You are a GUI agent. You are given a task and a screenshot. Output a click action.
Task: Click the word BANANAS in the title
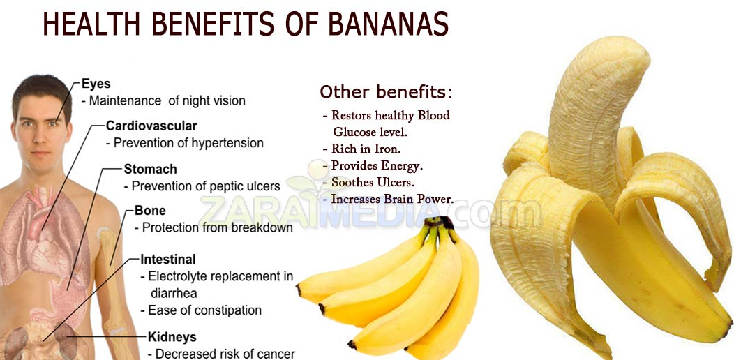tap(388, 24)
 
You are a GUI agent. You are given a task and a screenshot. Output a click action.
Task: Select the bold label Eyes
tap(96, 84)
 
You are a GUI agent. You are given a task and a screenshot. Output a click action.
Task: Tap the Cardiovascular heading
tap(151, 126)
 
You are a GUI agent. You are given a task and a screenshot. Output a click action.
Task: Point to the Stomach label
tap(150, 169)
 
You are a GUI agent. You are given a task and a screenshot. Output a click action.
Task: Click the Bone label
tap(150, 210)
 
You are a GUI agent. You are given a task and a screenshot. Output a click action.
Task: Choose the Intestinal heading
tap(168, 259)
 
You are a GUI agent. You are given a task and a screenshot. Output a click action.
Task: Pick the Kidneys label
tap(172, 337)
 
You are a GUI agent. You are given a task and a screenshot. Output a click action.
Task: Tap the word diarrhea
tap(174, 293)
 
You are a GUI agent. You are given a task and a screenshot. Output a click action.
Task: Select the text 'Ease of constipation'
tap(204, 310)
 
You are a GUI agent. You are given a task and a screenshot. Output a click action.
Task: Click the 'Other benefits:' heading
tap(387, 92)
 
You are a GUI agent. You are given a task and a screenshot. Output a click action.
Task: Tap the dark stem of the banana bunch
tap(440, 221)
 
